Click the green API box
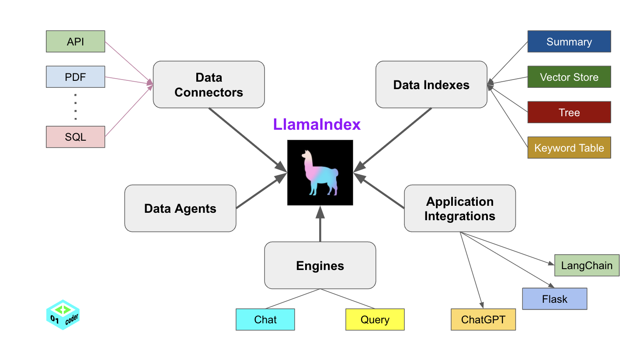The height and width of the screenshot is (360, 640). [75, 42]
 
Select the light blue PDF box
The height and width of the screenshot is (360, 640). [75, 77]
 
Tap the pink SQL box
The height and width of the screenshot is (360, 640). [75, 137]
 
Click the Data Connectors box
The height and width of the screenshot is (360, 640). [209, 84]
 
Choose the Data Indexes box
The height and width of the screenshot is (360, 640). [431, 84]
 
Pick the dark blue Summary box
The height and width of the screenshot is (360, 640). [569, 42]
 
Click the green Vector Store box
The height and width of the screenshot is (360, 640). [569, 77]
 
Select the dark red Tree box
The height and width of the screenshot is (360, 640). [569, 112]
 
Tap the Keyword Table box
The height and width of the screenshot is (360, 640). [569, 148]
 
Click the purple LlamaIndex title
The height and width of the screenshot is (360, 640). [317, 125]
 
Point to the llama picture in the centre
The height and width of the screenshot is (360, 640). [320, 173]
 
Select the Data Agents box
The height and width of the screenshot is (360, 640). [180, 208]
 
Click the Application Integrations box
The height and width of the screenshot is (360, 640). [459, 208]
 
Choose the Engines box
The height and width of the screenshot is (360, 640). [320, 265]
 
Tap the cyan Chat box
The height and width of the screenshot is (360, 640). [265, 319]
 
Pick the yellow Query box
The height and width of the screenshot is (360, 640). [375, 319]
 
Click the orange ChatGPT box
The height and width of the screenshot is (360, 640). [483, 319]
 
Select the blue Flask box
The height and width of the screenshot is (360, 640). [554, 299]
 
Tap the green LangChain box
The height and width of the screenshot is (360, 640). [587, 265]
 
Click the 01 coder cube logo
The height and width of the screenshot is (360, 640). [63, 315]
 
